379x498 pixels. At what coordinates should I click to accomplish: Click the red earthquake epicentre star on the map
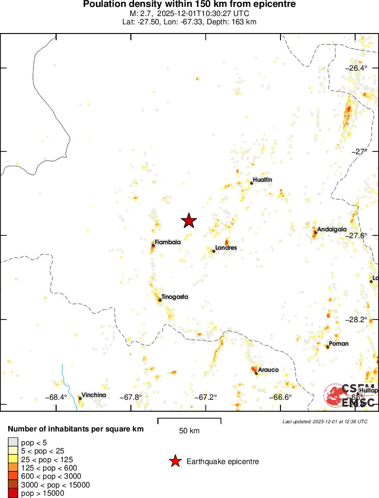pyautogui.click(x=189, y=221)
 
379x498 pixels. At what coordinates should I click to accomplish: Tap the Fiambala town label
pyautogui.click(x=167, y=242)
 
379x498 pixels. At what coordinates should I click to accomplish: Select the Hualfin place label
pyautogui.click(x=262, y=180)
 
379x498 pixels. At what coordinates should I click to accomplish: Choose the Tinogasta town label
pyautogui.click(x=175, y=297)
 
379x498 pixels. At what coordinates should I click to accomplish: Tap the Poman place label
pyautogui.click(x=339, y=343)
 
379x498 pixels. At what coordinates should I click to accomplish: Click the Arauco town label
pyautogui.click(x=268, y=369)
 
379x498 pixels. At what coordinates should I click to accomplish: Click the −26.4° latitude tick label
pyautogui.click(x=357, y=68)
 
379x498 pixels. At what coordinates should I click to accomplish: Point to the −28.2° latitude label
pyautogui.click(x=357, y=319)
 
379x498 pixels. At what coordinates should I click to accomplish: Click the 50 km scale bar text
pyautogui.click(x=189, y=431)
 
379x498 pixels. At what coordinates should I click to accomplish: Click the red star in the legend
pyautogui.click(x=175, y=461)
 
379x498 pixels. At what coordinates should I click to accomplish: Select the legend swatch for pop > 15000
pyautogui.click(x=13, y=493)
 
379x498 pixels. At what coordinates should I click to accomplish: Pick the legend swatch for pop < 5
pyautogui.click(x=13, y=442)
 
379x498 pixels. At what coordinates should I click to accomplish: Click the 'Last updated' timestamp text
pyautogui.click(x=325, y=421)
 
